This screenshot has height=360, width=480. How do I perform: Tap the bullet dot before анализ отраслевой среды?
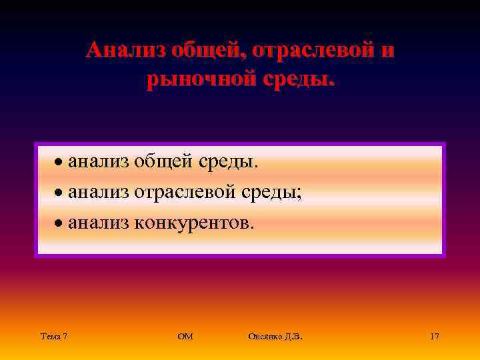pos(59,193)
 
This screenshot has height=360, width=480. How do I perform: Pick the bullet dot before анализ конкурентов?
pos(59,224)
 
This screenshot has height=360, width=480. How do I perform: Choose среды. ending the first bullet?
pos(233,161)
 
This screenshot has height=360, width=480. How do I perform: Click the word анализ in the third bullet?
pos(99,223)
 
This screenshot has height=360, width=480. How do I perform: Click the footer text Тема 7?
pos(53,337)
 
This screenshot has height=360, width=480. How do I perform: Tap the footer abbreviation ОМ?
pos(185,337)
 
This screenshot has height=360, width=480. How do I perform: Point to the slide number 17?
pos(434,337)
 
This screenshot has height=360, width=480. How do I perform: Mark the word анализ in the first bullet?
pos(99,161)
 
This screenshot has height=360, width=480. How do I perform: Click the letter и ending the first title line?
pos(387,51)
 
